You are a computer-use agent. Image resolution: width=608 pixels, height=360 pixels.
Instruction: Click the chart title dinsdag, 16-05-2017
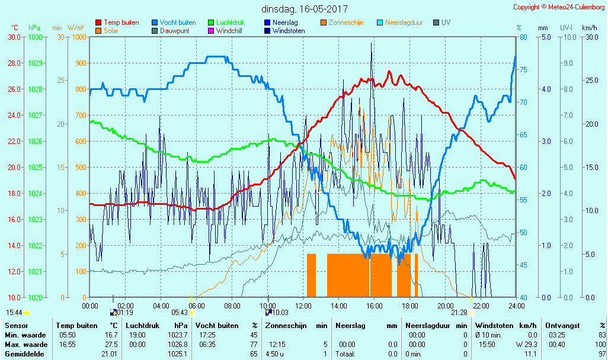(305, 9)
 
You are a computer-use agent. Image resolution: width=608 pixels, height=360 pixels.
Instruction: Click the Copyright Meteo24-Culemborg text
(559, 7)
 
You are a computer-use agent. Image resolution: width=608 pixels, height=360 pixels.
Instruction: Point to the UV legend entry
(446, 22)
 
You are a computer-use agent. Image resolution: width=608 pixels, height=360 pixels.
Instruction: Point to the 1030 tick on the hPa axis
(36, 37)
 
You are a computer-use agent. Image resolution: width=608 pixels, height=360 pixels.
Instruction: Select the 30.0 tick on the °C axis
(14, 37)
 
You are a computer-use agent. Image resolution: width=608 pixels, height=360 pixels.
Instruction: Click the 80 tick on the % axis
(523, 37)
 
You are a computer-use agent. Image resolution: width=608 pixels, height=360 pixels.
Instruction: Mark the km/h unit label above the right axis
(589, 28)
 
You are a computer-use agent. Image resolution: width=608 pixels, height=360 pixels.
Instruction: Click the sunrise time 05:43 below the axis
(179, 312)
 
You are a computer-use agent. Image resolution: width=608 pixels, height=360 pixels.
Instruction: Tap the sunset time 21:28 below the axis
(459, 312)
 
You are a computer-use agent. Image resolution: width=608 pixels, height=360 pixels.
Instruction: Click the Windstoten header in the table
(495, 326)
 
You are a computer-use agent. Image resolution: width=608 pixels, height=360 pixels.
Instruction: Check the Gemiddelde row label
(24, 354)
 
